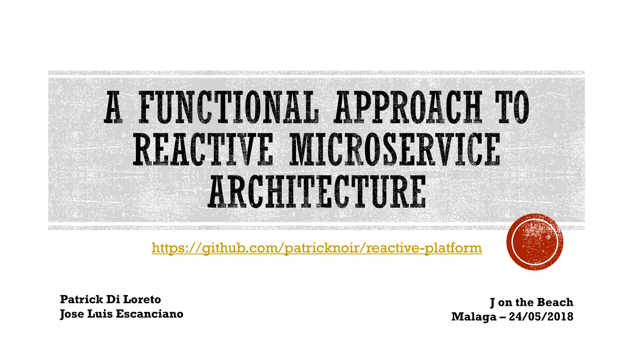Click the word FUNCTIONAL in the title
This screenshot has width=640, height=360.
(229, 107)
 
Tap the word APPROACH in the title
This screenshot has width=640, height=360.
(408, 107)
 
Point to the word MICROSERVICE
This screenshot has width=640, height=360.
(394, 149)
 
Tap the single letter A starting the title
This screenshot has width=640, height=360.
(113, 107)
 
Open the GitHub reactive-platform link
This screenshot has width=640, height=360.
(317, 248)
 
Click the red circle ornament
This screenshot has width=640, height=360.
(535, 242)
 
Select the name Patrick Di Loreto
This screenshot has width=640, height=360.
(110, 299)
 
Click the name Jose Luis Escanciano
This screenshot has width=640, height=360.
(122, 314)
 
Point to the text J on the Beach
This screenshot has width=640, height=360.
(532, 302)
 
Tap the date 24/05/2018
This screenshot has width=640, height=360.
(541, 317)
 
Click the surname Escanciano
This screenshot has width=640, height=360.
(150, 314)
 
